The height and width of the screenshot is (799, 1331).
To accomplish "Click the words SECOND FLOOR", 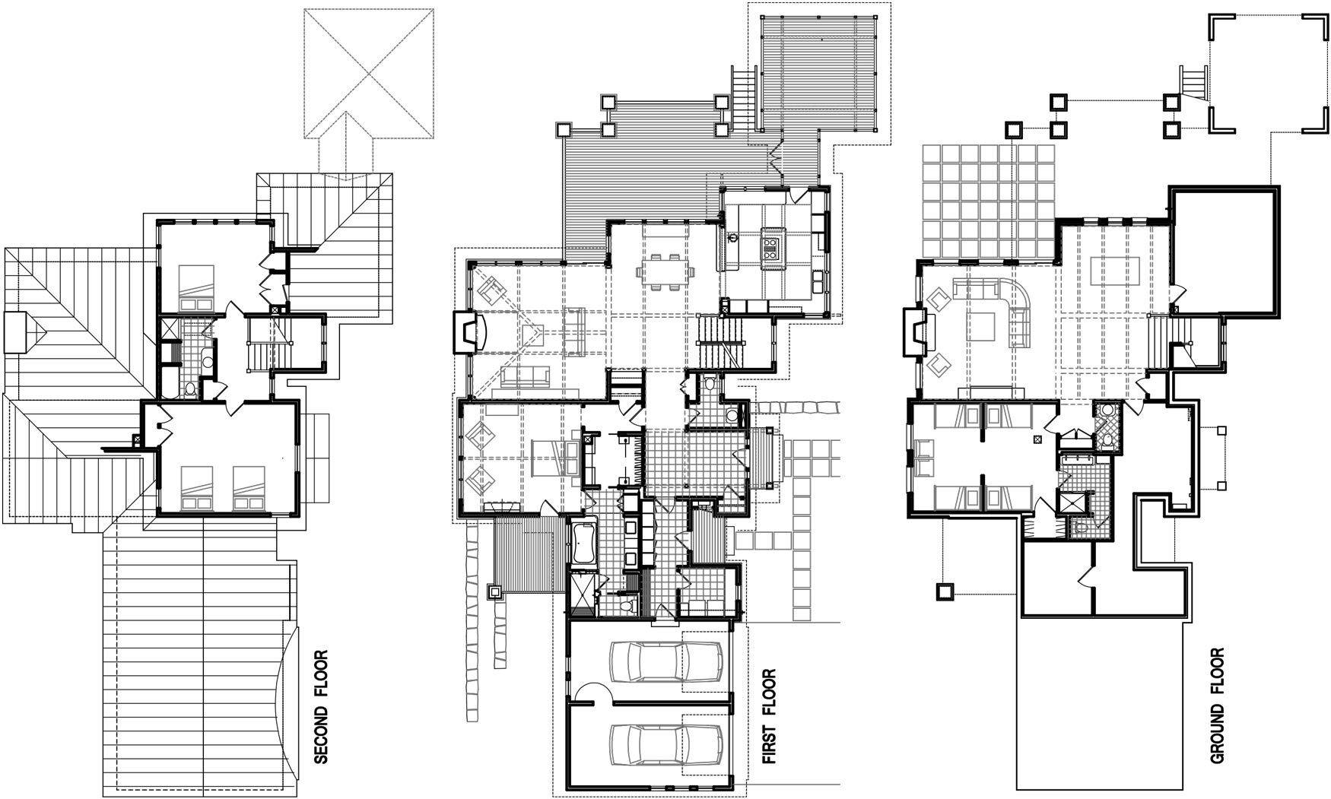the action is point(322,706).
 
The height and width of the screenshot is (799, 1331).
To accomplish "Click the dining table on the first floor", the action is point(665,270).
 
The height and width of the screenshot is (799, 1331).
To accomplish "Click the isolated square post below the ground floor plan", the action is point(944,591).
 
